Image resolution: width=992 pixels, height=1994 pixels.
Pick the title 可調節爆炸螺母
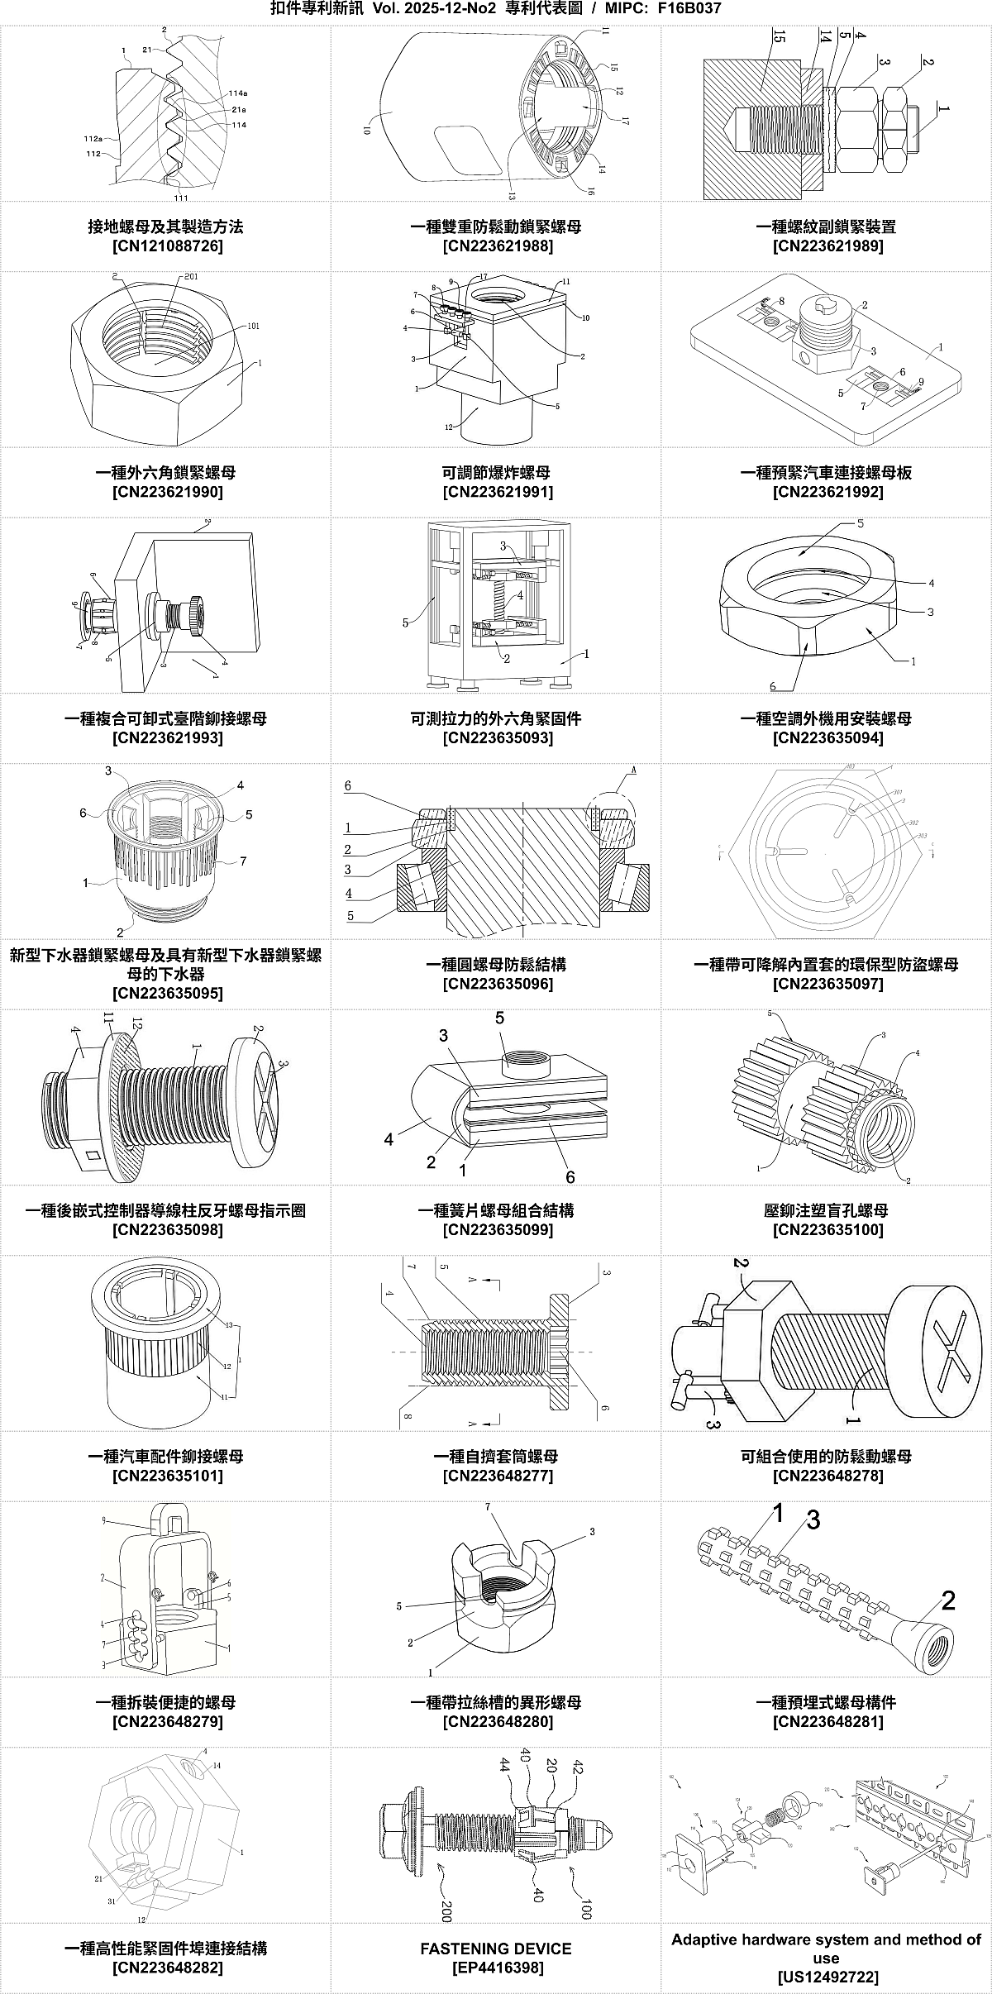(496, 473)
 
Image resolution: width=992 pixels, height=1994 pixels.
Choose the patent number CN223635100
(827, 1230)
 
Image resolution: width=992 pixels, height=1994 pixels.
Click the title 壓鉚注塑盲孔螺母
(827, 1211)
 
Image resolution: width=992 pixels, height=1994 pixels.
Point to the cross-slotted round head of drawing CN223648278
(943, 1343)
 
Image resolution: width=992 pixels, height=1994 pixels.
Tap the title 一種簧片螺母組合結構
(496, 1211)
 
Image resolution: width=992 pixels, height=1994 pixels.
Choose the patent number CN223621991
(496, 493)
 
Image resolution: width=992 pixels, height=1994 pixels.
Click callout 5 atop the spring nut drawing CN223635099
(500, 1018)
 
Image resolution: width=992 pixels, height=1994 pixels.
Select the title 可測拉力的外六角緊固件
(496, 718)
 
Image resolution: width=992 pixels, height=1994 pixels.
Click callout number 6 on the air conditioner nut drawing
(773, 686)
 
